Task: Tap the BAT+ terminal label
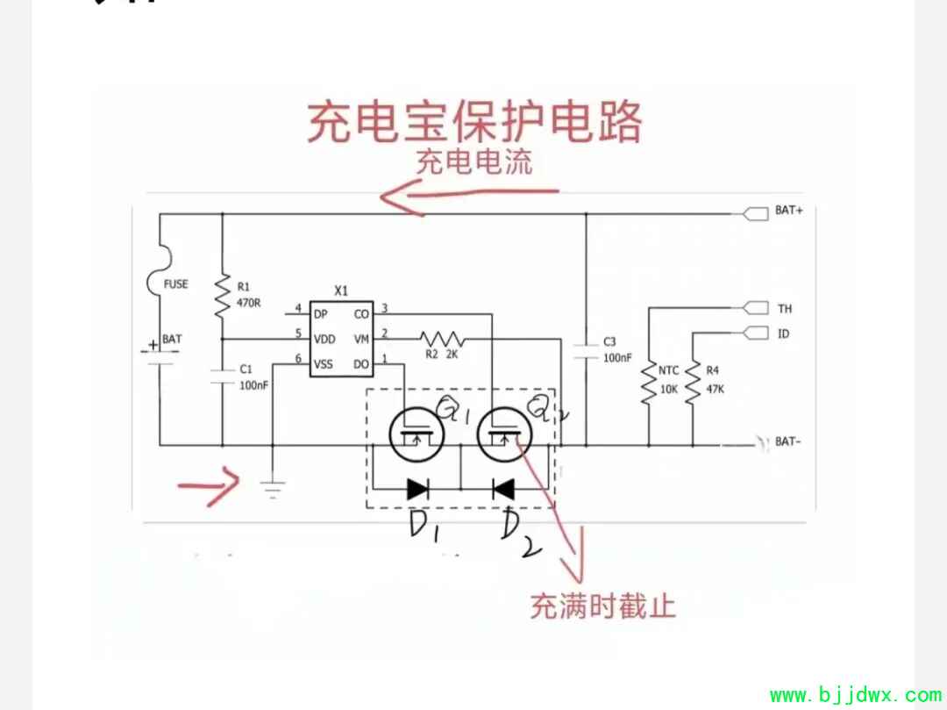coord(788,212)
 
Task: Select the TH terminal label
coord(784,309)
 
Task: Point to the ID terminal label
coord(783,334)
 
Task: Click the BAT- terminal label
coord(787,441)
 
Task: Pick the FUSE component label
coord(175,284)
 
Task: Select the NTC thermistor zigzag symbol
coord(649,383)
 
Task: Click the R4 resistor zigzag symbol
coord(693,383)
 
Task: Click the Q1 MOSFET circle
coord(414,434)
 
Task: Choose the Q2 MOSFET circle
coord(503,434)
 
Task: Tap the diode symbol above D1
coord(417,489)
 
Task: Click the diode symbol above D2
coord(503,489)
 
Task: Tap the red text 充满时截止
coord(602,606)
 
